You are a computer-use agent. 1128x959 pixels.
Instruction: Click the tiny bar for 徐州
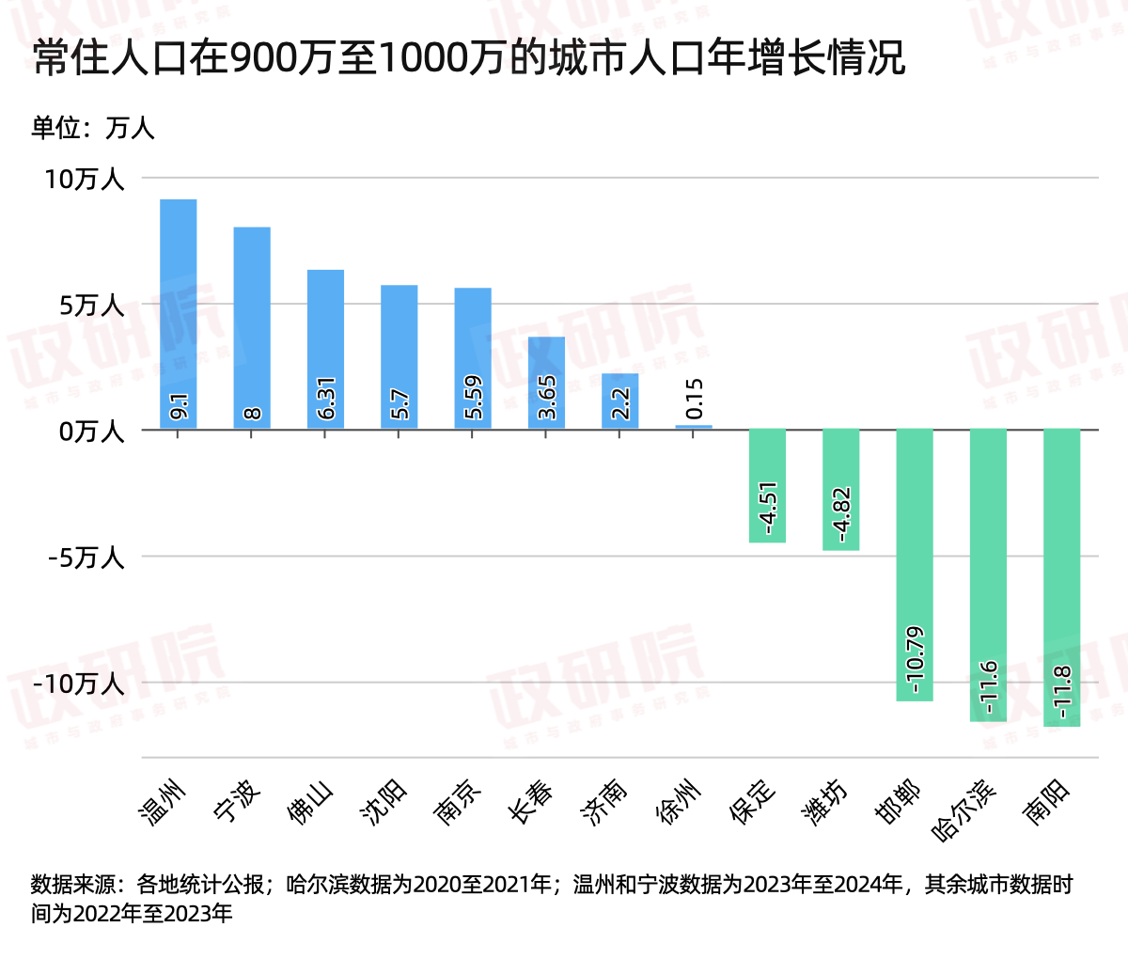click(x=694, y=427)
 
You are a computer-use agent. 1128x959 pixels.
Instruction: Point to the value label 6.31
click(x=326, y=399)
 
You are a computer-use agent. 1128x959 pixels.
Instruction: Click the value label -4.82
click(x=841, y=514)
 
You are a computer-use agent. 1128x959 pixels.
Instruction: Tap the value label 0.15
click(x=694, y=400)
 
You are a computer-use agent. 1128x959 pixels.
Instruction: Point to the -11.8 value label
click(x=1062, y=693)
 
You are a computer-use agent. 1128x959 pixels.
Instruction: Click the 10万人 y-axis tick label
click(x=85, y=179)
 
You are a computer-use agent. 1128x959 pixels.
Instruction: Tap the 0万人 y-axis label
click(x=91, y=432)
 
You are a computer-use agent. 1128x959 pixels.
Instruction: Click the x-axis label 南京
click(x=459, y=802)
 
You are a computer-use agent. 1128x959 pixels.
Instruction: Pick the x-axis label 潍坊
click(x=826, y=802)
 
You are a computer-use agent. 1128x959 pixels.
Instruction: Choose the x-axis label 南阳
click(x=1047, y=802)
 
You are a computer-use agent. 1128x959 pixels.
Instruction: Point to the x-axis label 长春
click(x=532, y=802)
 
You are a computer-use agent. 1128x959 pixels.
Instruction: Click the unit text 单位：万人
click(x=92, y=128)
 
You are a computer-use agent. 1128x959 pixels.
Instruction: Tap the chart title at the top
click(x=468, y=58)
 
